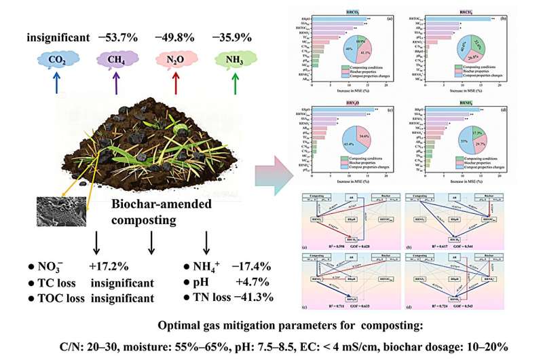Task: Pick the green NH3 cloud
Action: pos(234,60)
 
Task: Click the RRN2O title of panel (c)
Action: pos(353,102)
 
